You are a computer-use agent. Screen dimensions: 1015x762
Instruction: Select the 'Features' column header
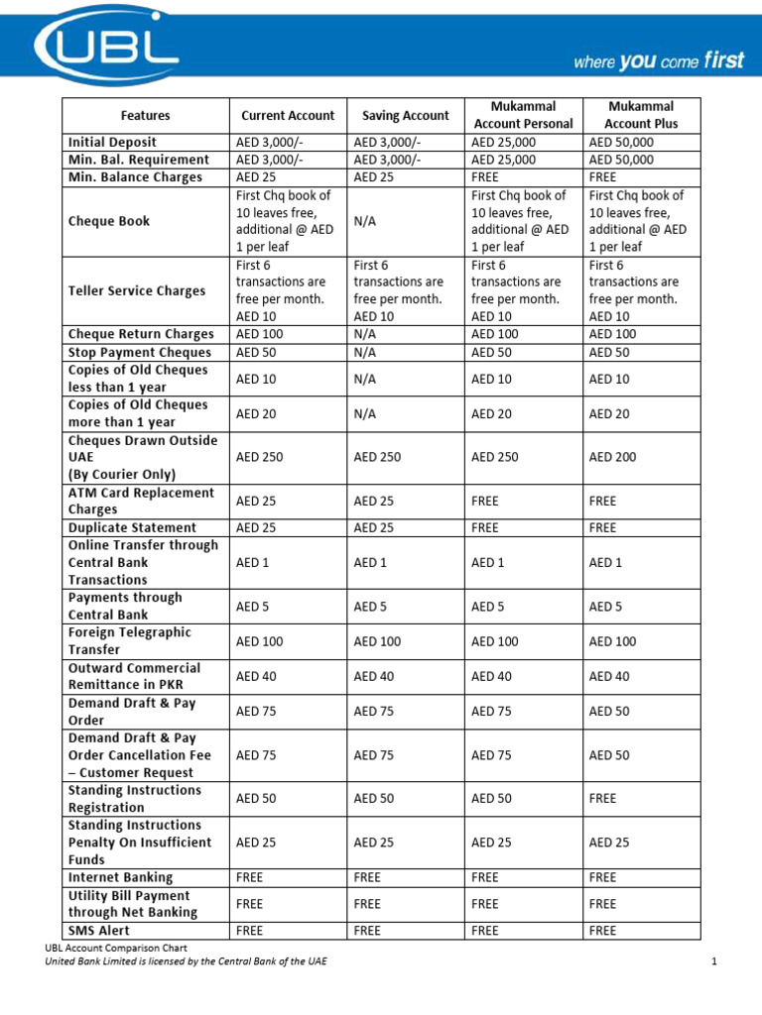click(146, 115)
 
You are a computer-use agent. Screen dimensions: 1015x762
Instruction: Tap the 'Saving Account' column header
click(405, 115)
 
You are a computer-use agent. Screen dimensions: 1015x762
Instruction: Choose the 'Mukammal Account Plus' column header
click(640, 115)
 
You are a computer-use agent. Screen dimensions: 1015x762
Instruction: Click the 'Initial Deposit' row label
click(112, 142)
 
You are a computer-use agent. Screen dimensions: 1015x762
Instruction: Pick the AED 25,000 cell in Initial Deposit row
click(503, 142)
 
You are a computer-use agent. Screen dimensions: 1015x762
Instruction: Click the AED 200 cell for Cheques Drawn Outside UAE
click(612, 457)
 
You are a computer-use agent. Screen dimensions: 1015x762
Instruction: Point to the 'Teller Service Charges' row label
click(137, 290)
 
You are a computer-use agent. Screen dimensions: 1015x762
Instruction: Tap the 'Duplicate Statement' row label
click(132, 527)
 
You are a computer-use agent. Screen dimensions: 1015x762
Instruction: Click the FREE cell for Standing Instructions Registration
click(602, 798)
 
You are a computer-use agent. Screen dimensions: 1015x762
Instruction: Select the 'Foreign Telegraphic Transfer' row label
click(129, 640)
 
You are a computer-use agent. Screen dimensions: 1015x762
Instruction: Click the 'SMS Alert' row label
click(98, 930)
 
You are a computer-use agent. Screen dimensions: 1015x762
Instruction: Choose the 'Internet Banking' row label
click(120, 877)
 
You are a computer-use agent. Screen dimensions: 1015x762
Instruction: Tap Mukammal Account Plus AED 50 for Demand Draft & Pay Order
click(609, 711)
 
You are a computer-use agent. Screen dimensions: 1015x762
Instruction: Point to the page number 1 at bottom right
click(713, 961)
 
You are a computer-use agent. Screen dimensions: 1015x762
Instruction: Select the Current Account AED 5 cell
click(255, 606)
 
